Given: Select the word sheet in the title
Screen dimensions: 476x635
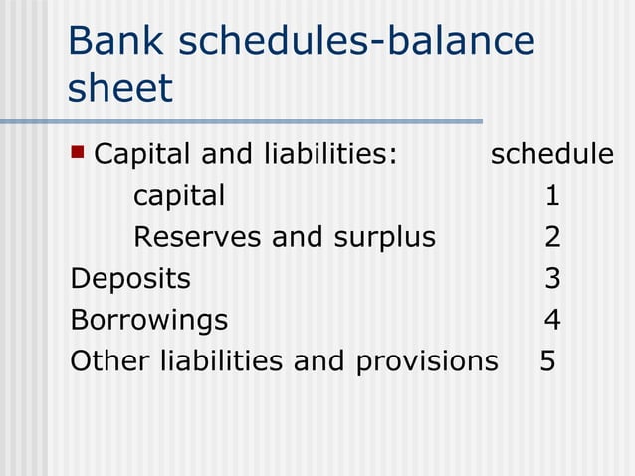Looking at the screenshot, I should click(x=119, y=88).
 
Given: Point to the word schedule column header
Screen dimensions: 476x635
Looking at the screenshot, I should click(x=551, y=154).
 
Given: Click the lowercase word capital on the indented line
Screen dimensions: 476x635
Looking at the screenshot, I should click(x=179, y=196).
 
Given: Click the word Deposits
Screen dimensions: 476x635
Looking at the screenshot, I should click(x=129, y=278).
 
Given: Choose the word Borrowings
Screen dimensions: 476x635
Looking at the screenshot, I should click(x=148, y=320).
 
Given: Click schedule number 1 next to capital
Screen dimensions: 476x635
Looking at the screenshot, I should click(x=552, y=196).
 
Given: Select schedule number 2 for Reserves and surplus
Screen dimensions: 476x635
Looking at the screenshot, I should click(x=552, y=237).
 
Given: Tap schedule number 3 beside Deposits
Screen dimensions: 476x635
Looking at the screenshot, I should click(x=552, y=278).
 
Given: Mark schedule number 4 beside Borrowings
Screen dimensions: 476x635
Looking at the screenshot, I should click(x=552, y=320).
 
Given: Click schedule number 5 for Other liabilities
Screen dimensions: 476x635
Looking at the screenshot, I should click(x=547, y=360).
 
